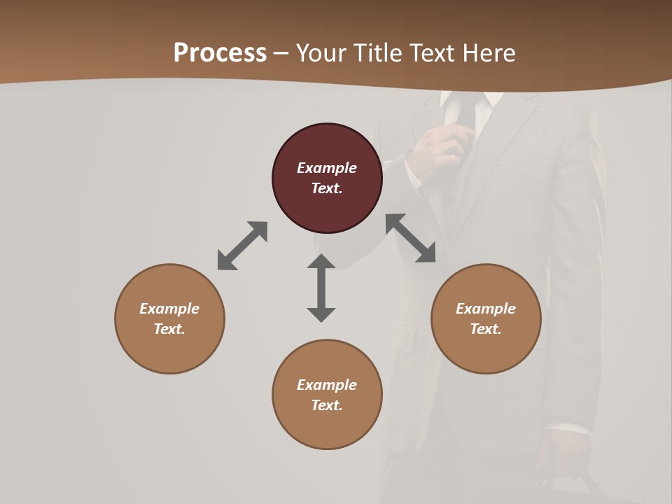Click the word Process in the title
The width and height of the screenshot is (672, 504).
(x=220, y=53)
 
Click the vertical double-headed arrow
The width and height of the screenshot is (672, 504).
(x=321, y=288)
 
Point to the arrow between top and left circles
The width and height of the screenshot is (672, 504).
(x=242, y=246)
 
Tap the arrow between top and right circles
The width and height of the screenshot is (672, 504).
(x=411, y=238)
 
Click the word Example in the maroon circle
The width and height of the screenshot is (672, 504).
(x=327, y=168)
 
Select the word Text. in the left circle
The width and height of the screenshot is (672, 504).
(x=169, y=329)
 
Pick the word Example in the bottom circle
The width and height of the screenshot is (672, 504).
(x=327, y=385)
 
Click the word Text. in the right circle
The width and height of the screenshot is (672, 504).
(x=486, y=329)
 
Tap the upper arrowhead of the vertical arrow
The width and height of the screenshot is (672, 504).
(x=321, y=262)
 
